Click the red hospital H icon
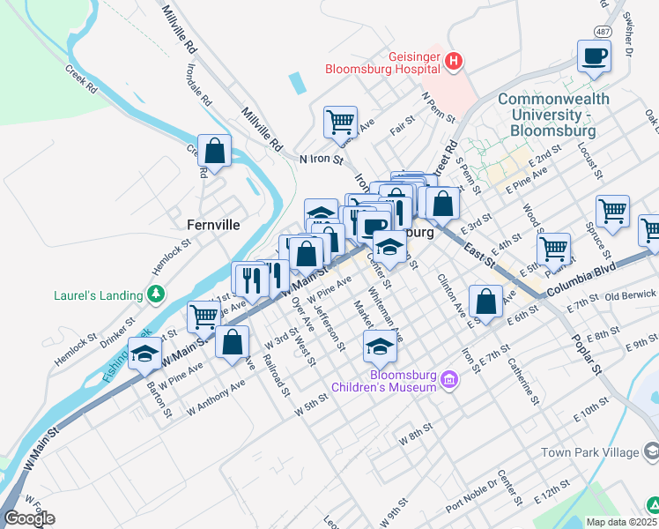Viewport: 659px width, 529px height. tap(454, 61)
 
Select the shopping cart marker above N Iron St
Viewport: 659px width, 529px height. tap(340, 122)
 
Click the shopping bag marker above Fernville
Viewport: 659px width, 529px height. tap(214, 151)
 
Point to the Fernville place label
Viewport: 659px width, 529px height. tap(213, 225)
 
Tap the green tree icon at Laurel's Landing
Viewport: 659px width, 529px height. tap(156, 294)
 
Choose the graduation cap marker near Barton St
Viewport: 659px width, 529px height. tap(145, 355)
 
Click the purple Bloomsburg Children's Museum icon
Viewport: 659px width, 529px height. tap(449, 381)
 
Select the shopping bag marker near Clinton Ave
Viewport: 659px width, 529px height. tap(486, 302)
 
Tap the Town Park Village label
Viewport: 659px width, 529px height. tap(589, 452)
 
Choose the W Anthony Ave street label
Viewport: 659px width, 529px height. tap(216, 399)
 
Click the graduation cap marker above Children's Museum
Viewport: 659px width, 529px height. tap(380, 347)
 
